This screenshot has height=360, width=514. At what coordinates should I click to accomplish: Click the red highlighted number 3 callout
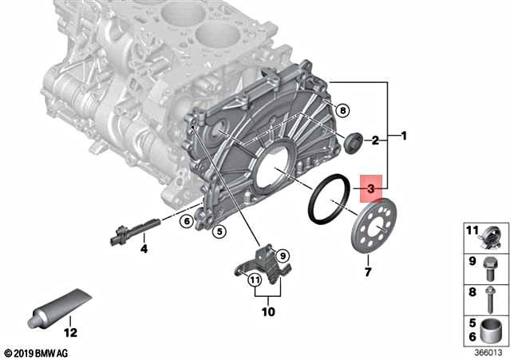click(371, 189)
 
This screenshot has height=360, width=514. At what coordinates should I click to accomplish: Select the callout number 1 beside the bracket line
click(404, 136)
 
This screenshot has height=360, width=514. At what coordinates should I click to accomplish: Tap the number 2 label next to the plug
click(373, 141)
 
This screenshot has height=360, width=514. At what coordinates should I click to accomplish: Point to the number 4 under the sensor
click(144, 249)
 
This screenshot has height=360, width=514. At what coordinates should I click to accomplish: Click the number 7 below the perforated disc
click(367, 273)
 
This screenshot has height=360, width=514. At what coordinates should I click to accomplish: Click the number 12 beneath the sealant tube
click(70, 332)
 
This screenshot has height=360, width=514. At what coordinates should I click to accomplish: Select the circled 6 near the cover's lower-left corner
click(184, 221)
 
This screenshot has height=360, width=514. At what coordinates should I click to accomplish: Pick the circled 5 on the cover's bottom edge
click(219, 232)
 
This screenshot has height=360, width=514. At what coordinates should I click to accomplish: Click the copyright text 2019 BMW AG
click(37, 352)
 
